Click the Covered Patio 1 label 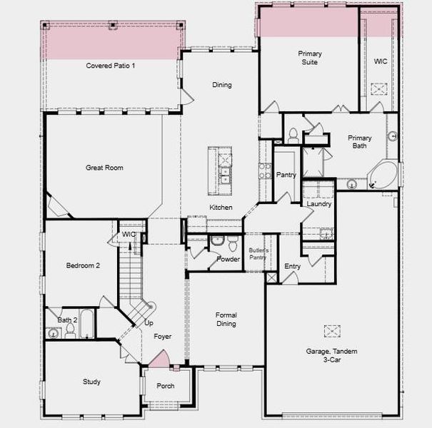(111, 66)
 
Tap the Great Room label (104, 168)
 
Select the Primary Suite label (309, 58)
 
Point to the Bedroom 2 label (83, 265)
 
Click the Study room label (91, 382)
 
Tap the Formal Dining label (226, 320)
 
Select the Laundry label (318, 204)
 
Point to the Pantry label (286, 175)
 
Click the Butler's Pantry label (258, 254)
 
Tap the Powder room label (228, 259)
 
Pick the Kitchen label (221, 208)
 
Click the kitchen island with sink (221, 170)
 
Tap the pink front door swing (160, 359)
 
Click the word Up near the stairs (149, 323)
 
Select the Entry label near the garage (292, 266)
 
